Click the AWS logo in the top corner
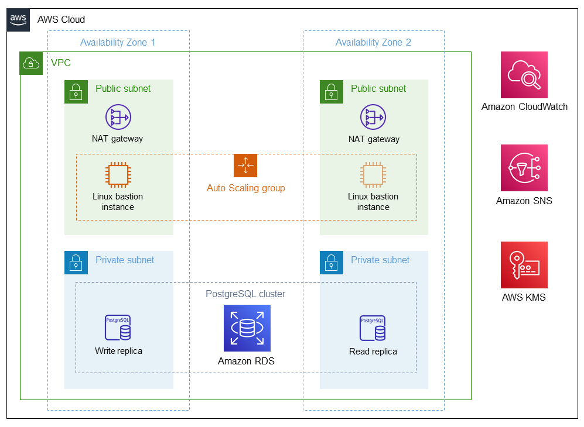(x=18, y=19)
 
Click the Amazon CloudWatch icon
(x=524, y=75)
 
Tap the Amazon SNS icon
(x=524, y=168)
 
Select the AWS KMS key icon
(x=524, y=265)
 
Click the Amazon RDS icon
(x=247, y=328)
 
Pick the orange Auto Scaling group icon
(x=245, y=166)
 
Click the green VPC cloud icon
(x=32, y=63)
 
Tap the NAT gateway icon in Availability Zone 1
(x=118, y=117)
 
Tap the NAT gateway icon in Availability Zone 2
(x=373, y=117)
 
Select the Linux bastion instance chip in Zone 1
(x=118, y=175)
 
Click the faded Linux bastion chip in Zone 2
(x=373, y=175)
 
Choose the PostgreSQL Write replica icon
(x=118, y=328)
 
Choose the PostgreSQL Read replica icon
(x=373, y=328)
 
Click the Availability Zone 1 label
(x=118, y=42)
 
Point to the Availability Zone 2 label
(x=373, y=42)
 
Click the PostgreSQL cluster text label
(x=245, y=294)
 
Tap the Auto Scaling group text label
(x=246, y=188)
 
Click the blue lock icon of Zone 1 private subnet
(x=76, y=263)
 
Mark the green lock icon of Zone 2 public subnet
(x=331, y=91)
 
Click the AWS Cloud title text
(x=61, y=19)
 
